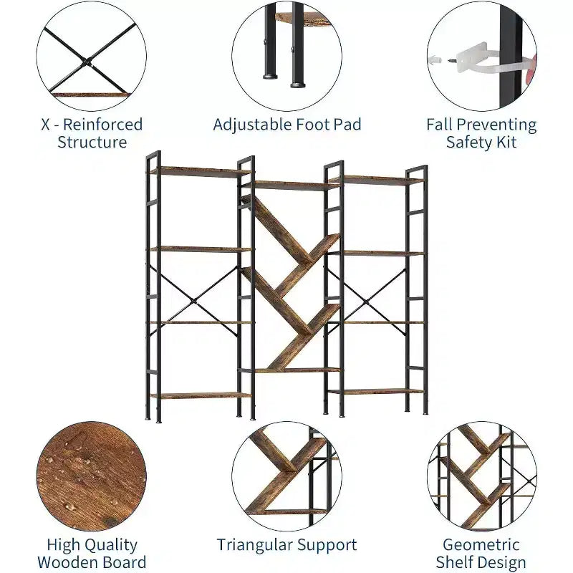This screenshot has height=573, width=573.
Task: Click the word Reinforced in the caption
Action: pos(102,125)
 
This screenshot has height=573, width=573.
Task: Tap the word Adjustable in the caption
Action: pos(253,125)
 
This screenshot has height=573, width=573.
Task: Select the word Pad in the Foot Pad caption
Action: pos(347,125)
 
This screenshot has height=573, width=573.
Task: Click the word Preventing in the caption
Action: pos(496,125)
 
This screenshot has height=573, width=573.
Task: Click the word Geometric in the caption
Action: pos(481,545)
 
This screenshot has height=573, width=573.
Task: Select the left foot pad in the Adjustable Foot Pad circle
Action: pos(270,77)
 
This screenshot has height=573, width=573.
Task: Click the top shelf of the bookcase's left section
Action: pos(200,172)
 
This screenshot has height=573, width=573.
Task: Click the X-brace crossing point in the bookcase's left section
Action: pos(193,302)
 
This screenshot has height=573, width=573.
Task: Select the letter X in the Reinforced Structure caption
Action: pos(45,125)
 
